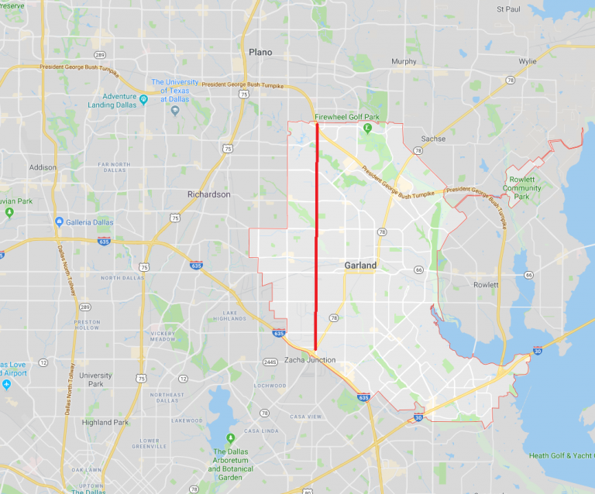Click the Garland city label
pyautogui.click(x=360, y=266)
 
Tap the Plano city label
pyautogui.click(x=260, y=52)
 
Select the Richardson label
pyautogui.click(x=208, y=194)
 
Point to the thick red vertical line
pyautogui.click(x=316, y=232)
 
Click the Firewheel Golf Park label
pyautogui.click(x=347, y=117)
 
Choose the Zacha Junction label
pyautogui.click(x=310, y=360)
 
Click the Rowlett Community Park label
pyautogui.click(x=521, y=187)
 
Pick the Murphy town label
pyautogui.click(x=404, y=61)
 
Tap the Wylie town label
pyautogui.click(x=528, y=61)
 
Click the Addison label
pyautogui.click(x=43, y=167)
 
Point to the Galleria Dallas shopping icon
pyautogui.click(x=59, y=222)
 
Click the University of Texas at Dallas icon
pyautogui.click(x=175, y=109)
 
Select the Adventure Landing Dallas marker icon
pyautogui.click(x=143, y=99)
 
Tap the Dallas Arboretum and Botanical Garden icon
pyautogui.click(x=230, y=437)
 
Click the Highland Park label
pyautogui.click(x=105, y=422)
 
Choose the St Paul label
pyautogui.click(x=507, y=9)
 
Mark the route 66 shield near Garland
pyautogui.click(x=418, y=270)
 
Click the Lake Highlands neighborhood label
pyautogui.click(x=229, y=314)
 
